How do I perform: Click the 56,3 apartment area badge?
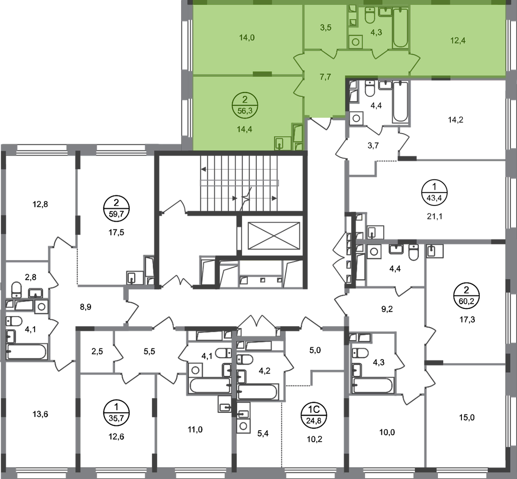pos(245,104)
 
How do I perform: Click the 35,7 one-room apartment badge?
pos(116,412)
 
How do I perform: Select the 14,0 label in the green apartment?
pos(247,37)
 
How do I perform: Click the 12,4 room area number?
pos(458,41)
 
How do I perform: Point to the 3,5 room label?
pos(325,28)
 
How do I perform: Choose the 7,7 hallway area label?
pos(325,77)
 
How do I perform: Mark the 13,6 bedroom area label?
pos(40,414)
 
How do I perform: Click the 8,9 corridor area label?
pos(86,307)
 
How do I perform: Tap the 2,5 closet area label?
pos(97,352)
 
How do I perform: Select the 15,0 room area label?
pos(467,417)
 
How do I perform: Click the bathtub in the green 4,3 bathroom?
pos(401,28)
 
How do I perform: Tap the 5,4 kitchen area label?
pos(263,433)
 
